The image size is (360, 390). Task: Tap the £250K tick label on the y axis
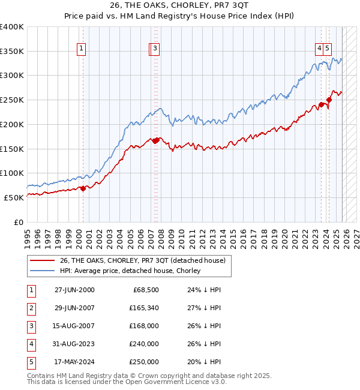[11, 100]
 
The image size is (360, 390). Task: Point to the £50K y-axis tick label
[13, 197]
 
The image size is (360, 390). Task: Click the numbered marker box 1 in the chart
[81, 49]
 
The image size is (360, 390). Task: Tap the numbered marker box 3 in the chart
[155, 49]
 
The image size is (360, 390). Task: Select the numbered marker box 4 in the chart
[320, 49]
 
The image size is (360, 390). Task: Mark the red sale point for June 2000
[83, 188]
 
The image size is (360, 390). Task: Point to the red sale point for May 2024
[329, 100]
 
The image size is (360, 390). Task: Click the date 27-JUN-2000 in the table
[74, 290]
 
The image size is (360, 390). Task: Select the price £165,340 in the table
[144, 308]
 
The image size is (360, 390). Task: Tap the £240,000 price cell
[144, 344]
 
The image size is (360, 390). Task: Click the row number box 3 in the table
[31, 326]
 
